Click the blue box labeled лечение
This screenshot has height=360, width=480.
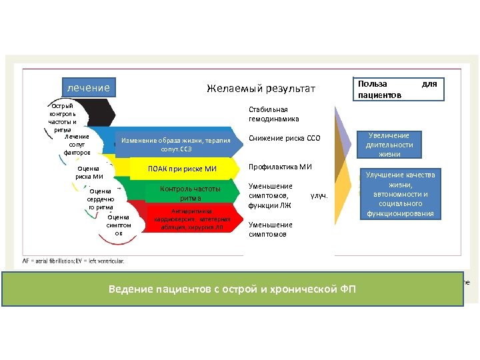tap(88, 87)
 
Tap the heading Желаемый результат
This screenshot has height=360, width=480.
tap(261, 89)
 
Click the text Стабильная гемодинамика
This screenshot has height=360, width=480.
tap(268, 114)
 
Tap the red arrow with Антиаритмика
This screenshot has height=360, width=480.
tap(191, 219)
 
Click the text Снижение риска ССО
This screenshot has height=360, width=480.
tap(285, 139)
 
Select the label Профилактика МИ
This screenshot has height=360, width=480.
tap(280, 167)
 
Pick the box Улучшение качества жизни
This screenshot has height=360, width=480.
tap(401, 195)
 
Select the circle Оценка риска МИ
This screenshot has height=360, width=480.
tap(89, 173)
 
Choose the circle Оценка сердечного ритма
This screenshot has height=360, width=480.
tap(100, 199)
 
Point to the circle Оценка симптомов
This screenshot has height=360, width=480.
tap(119, 224)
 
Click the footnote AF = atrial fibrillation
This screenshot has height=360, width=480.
tap(73, 261)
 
